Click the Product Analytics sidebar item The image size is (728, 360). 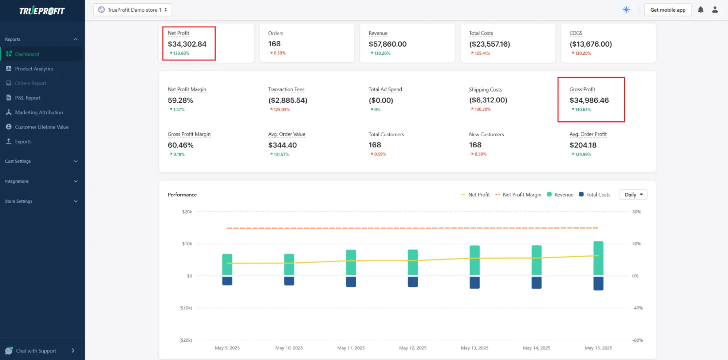click(34, 69)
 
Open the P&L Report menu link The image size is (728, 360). click(27, 98)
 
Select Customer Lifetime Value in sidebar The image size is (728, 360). click(42, 127)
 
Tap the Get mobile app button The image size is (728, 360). click(668, 10)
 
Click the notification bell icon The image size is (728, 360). click(700, 10)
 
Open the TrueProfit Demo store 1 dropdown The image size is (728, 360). click(133, 10)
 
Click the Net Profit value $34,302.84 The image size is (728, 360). click(187, 44)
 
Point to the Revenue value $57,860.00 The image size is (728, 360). click(387, 44)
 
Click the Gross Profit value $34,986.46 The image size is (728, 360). click(589, 100)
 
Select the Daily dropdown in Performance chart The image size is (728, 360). click(633, 195)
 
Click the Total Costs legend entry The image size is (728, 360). click(598, 195)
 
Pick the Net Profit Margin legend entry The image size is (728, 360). click(522, 195)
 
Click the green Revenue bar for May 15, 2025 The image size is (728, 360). click(598, 258)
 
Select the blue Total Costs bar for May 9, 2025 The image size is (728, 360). click(227, 281)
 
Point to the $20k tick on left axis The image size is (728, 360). click(187, 212)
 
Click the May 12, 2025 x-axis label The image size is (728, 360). click(413, 348)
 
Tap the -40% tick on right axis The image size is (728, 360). click(637, 308)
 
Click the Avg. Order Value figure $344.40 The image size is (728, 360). click(282, 145)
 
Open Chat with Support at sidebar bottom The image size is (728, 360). click(36, 351)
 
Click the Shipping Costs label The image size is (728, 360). click(485, 90)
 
